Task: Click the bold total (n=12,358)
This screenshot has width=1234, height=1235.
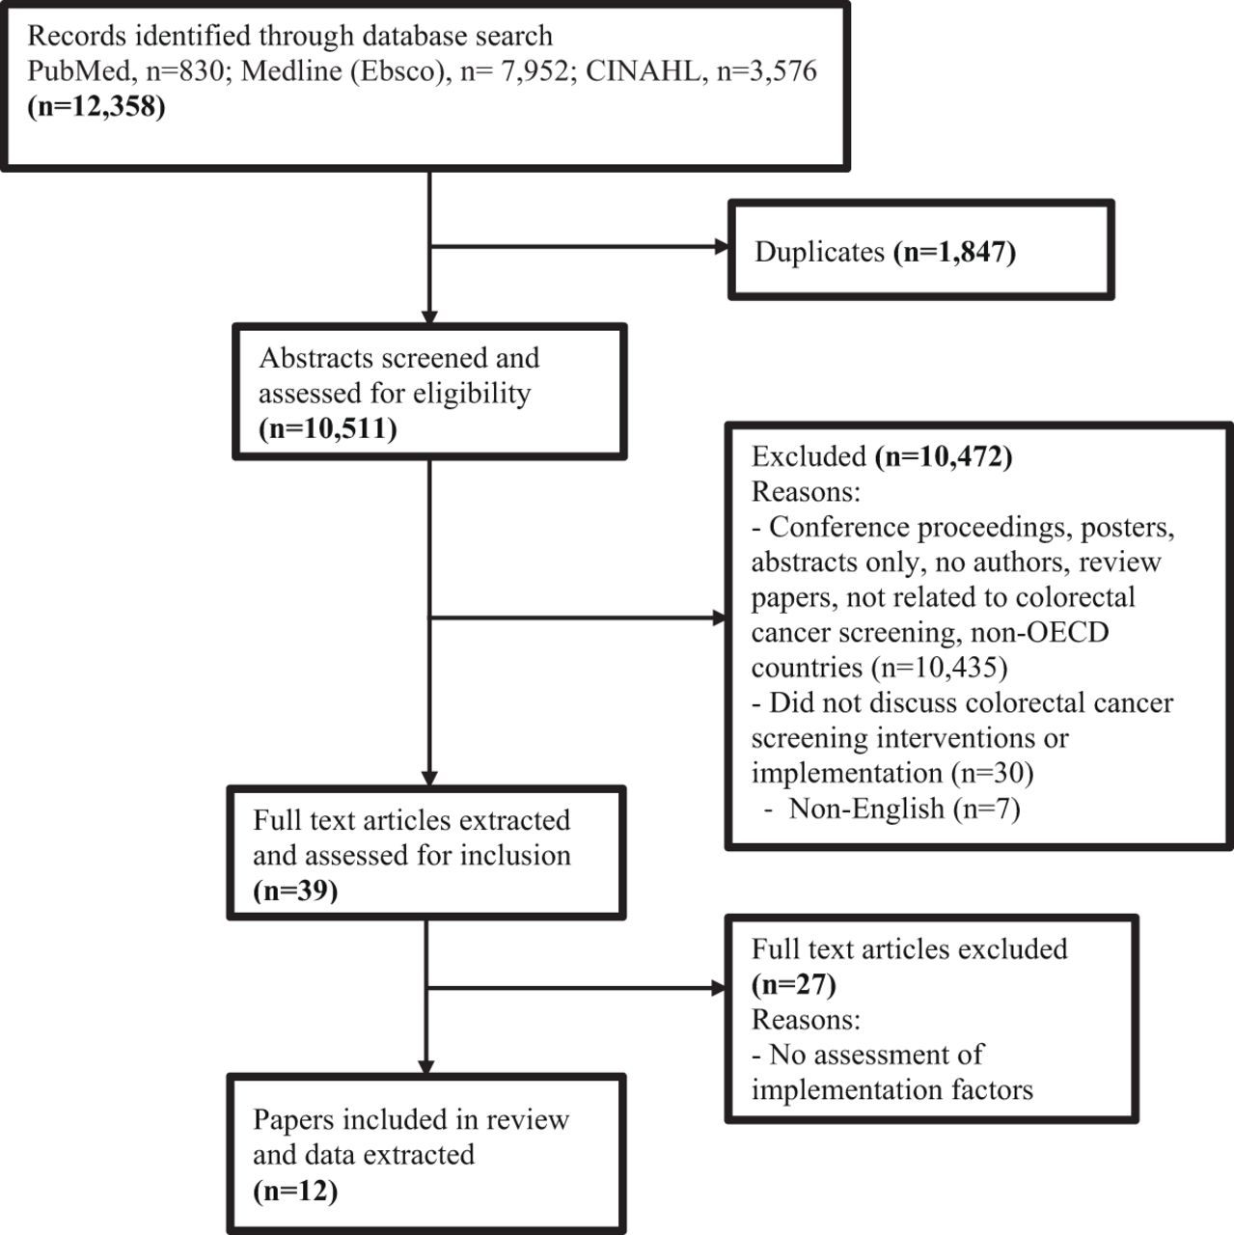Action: click(96, 106)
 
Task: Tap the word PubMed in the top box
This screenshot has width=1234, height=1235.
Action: click(79, 70)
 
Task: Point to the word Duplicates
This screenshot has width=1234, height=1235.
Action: click(819, 251)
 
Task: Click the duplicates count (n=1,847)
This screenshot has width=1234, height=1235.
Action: click(955, 252)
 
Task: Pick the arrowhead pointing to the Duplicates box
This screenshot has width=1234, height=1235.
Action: click(722, 247)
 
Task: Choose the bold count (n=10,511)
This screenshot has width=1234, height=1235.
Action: click(328, 428)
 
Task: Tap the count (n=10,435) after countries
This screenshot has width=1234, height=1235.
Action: click(939, 667)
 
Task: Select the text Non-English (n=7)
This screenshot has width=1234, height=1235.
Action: click(904, 809)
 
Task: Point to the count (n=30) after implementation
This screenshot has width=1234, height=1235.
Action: click(993, 773)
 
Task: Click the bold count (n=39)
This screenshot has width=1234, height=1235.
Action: click(295, 891)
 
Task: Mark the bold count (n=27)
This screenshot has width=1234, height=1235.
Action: click(794, 984)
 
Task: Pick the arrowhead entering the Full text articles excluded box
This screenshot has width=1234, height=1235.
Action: click(719, 988)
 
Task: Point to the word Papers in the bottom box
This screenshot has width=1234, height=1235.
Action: click(293, 1119)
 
